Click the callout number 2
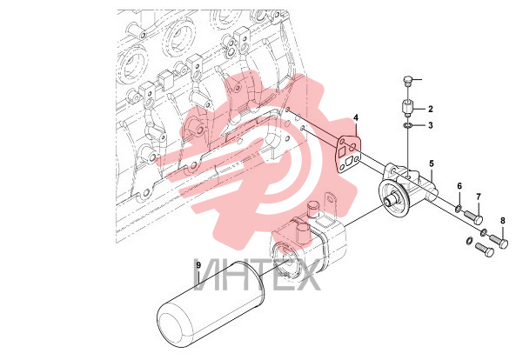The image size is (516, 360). tap(431, 109)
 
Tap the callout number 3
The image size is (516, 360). tap(431, 125)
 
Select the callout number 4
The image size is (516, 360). tap(356, 117)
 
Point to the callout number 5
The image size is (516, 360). tap(432, 163)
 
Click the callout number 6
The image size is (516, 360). tap(459, 186)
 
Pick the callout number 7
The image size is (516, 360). tap(479, 197)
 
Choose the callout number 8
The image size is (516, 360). tap(503, 221)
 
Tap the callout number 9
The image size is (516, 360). tap(198, 264)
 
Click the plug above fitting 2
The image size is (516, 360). tap(407, 81)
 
